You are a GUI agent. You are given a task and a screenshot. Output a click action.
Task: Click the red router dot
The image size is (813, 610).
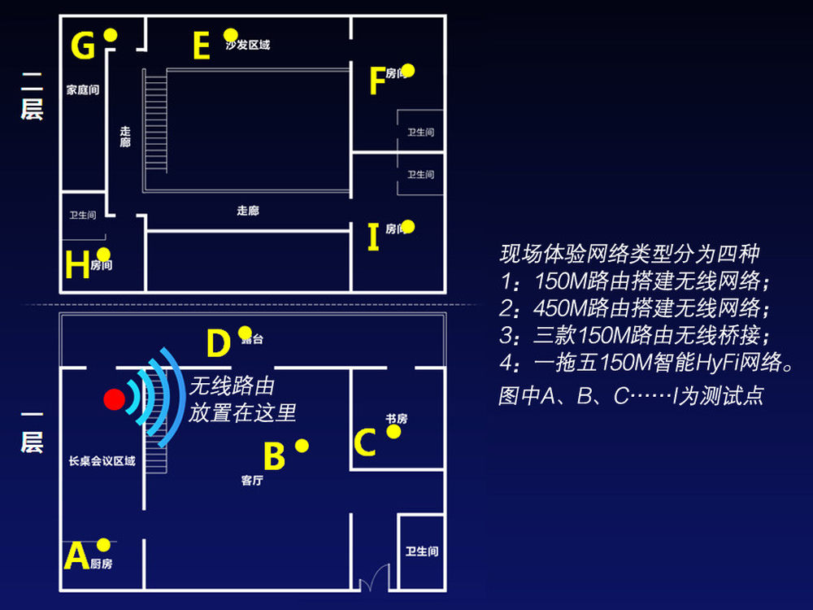[115, 399]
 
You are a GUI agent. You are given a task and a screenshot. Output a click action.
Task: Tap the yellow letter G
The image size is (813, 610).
[83, 46]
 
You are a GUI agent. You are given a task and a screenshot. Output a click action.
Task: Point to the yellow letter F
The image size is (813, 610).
[376, 81]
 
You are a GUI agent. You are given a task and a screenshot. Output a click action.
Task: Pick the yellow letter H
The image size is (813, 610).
[77, 266]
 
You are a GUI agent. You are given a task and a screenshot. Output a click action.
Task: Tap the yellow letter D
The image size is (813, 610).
[218, 344]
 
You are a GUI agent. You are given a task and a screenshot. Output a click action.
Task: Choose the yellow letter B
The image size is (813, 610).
[274, 457]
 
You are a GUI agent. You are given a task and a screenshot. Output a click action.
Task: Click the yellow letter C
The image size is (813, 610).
[365, 443]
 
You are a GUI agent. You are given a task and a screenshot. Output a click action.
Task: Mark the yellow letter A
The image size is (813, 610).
[76, 557]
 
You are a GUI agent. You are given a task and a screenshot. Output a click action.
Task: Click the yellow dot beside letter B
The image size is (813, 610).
[302, 446]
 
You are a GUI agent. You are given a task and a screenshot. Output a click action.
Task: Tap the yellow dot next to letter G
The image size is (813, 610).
[111, 35]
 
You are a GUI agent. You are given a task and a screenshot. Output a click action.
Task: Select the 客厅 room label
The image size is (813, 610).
[252, 480]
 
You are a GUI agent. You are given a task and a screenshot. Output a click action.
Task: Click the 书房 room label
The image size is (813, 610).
[396, 419]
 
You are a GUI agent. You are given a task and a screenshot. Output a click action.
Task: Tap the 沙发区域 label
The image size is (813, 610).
[248, 46]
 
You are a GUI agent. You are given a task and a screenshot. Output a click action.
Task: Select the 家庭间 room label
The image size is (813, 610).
[82, 90]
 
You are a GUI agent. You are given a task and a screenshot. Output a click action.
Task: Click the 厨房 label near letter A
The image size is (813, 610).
[102, 564]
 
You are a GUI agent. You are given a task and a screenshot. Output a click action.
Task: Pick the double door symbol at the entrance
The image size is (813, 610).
[371, 580]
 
